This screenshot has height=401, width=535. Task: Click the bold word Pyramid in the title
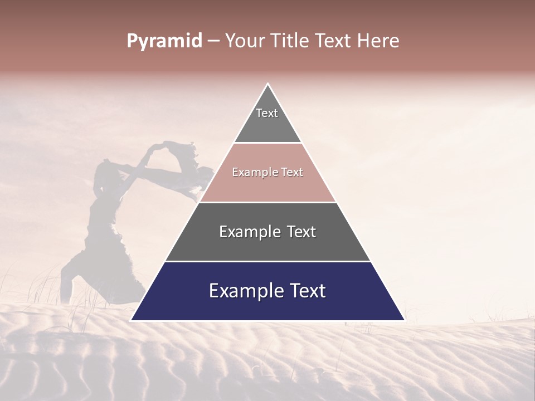[164, 41]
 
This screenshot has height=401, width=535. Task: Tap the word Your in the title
[245, 41]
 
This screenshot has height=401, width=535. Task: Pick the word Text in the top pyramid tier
[267, 113]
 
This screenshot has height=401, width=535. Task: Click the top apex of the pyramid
[267, 84]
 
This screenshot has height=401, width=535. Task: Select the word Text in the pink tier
[293, 173]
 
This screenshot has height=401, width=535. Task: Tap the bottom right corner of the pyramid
[404, 320]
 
